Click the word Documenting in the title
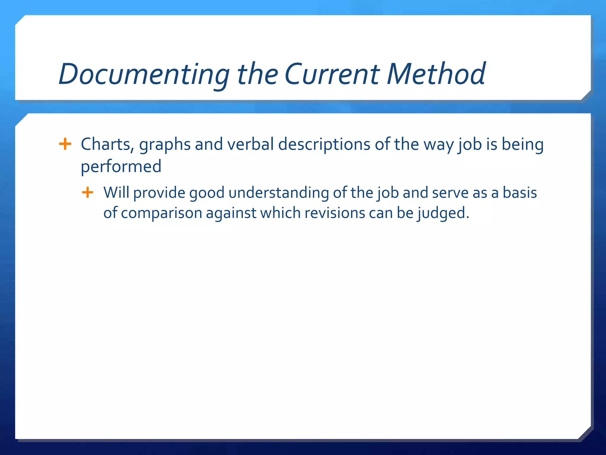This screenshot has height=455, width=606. coord(144,74)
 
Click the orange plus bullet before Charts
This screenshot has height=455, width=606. coord(65,144)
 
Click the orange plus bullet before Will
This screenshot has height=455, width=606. coord(88,193)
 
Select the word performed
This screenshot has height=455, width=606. coord(121,166)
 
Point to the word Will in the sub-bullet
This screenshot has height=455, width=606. coord(116,193)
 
